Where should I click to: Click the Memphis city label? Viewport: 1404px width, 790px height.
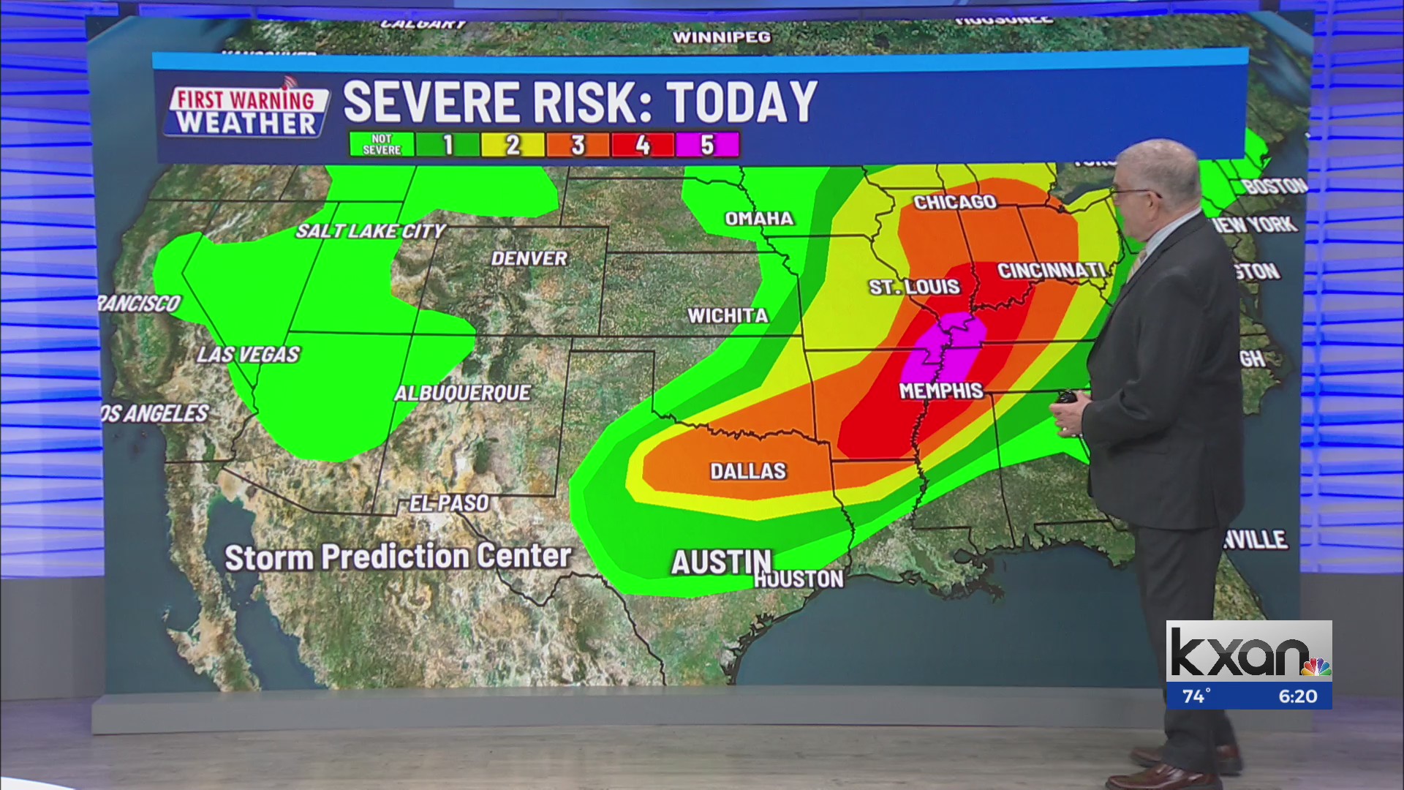(940, 391)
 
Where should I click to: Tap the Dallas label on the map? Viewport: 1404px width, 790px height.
(747, 471)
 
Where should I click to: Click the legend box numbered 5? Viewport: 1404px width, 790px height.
(706, 145)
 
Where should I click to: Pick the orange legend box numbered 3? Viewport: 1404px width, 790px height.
(577, 145)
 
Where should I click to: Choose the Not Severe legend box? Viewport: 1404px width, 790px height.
(382, 145)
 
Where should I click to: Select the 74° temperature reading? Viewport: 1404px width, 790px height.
(1196, 696)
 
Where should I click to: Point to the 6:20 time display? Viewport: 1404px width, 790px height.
(1297, 696)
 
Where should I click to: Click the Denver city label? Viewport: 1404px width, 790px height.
(529, 258)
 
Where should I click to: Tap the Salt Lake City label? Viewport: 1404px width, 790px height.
(370, 231)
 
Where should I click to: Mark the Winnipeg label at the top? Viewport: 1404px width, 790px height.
(721, 37)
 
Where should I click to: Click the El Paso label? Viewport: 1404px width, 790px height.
(448, 503)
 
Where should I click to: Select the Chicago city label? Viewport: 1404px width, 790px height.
(954, 202)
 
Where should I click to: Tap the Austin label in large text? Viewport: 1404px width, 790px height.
(720, 563)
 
